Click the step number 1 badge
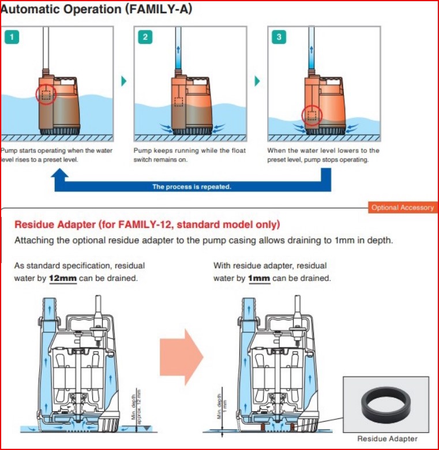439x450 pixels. coord(12,37)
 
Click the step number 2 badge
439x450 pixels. coord(145,37)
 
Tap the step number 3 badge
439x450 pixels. coord(279,37)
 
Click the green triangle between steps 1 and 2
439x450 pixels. coord(123,81)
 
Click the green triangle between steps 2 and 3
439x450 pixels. coord(257,81)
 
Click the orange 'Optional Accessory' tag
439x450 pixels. coord(402,208)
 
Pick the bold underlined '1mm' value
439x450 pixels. coord(258,278)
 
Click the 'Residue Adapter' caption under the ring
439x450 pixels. coord(387,438)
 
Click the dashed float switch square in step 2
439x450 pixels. coord(179,102)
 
